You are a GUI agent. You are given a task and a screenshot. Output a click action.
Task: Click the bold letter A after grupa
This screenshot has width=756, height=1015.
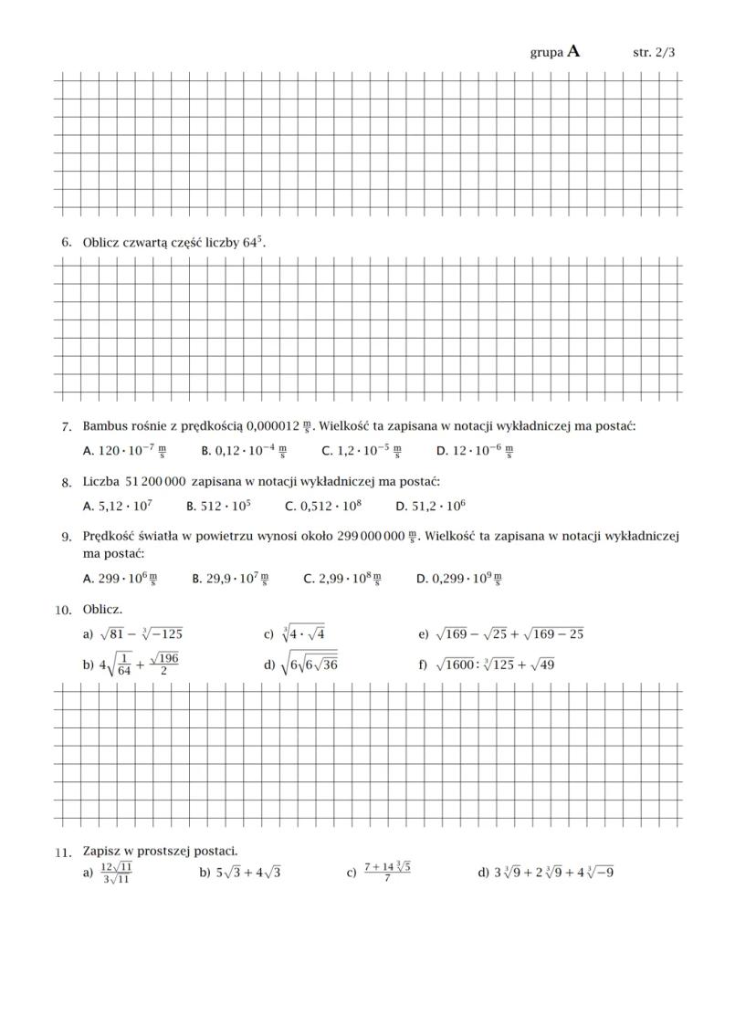tap(573, 52)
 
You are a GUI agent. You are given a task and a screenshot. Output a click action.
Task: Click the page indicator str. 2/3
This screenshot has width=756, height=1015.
tap(654, 53)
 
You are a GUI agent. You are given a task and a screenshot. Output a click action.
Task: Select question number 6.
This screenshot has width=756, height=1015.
tap(66, 243)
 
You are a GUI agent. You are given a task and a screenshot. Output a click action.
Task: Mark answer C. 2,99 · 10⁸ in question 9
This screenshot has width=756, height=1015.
tap(341, 578)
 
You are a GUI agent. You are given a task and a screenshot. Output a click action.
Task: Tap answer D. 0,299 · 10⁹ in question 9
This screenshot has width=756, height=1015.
tap(458, 578)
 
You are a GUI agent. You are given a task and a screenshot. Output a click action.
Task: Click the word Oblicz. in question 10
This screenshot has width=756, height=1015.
tap(102, 609)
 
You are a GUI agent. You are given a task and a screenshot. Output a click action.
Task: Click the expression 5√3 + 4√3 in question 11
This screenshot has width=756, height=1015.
tap(239, 873)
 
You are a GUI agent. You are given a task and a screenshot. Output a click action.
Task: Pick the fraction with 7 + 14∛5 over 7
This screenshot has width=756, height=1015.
tap(387, 872)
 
